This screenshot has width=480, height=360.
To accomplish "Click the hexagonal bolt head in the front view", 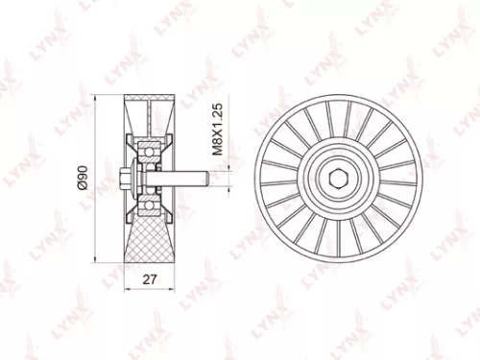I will coord(342,180).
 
